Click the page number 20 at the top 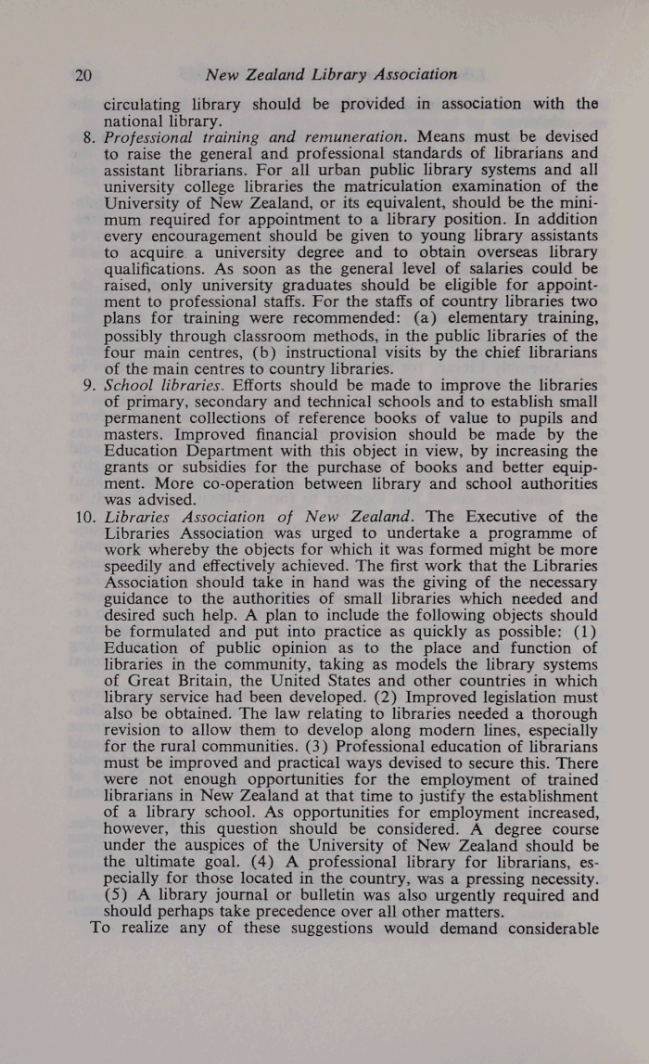pyautogui.click(x=83, y=74)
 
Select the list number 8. pyautogui.click(x=88, y=136)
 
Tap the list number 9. pyautogui.click(x=88, y=383)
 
